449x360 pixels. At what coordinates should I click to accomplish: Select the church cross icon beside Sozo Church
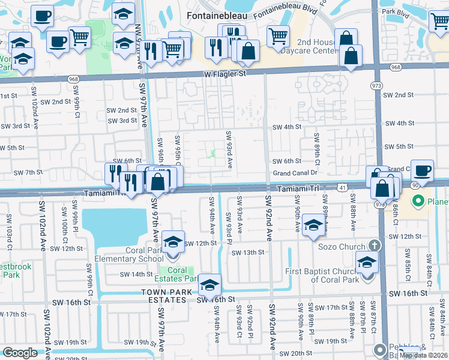374,245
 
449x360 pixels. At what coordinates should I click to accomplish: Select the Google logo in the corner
20,353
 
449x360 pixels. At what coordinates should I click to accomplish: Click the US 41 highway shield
340,188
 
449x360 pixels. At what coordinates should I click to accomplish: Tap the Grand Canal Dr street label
295,173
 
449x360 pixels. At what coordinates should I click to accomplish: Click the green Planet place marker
419,200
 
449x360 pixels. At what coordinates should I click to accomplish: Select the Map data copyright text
424,355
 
